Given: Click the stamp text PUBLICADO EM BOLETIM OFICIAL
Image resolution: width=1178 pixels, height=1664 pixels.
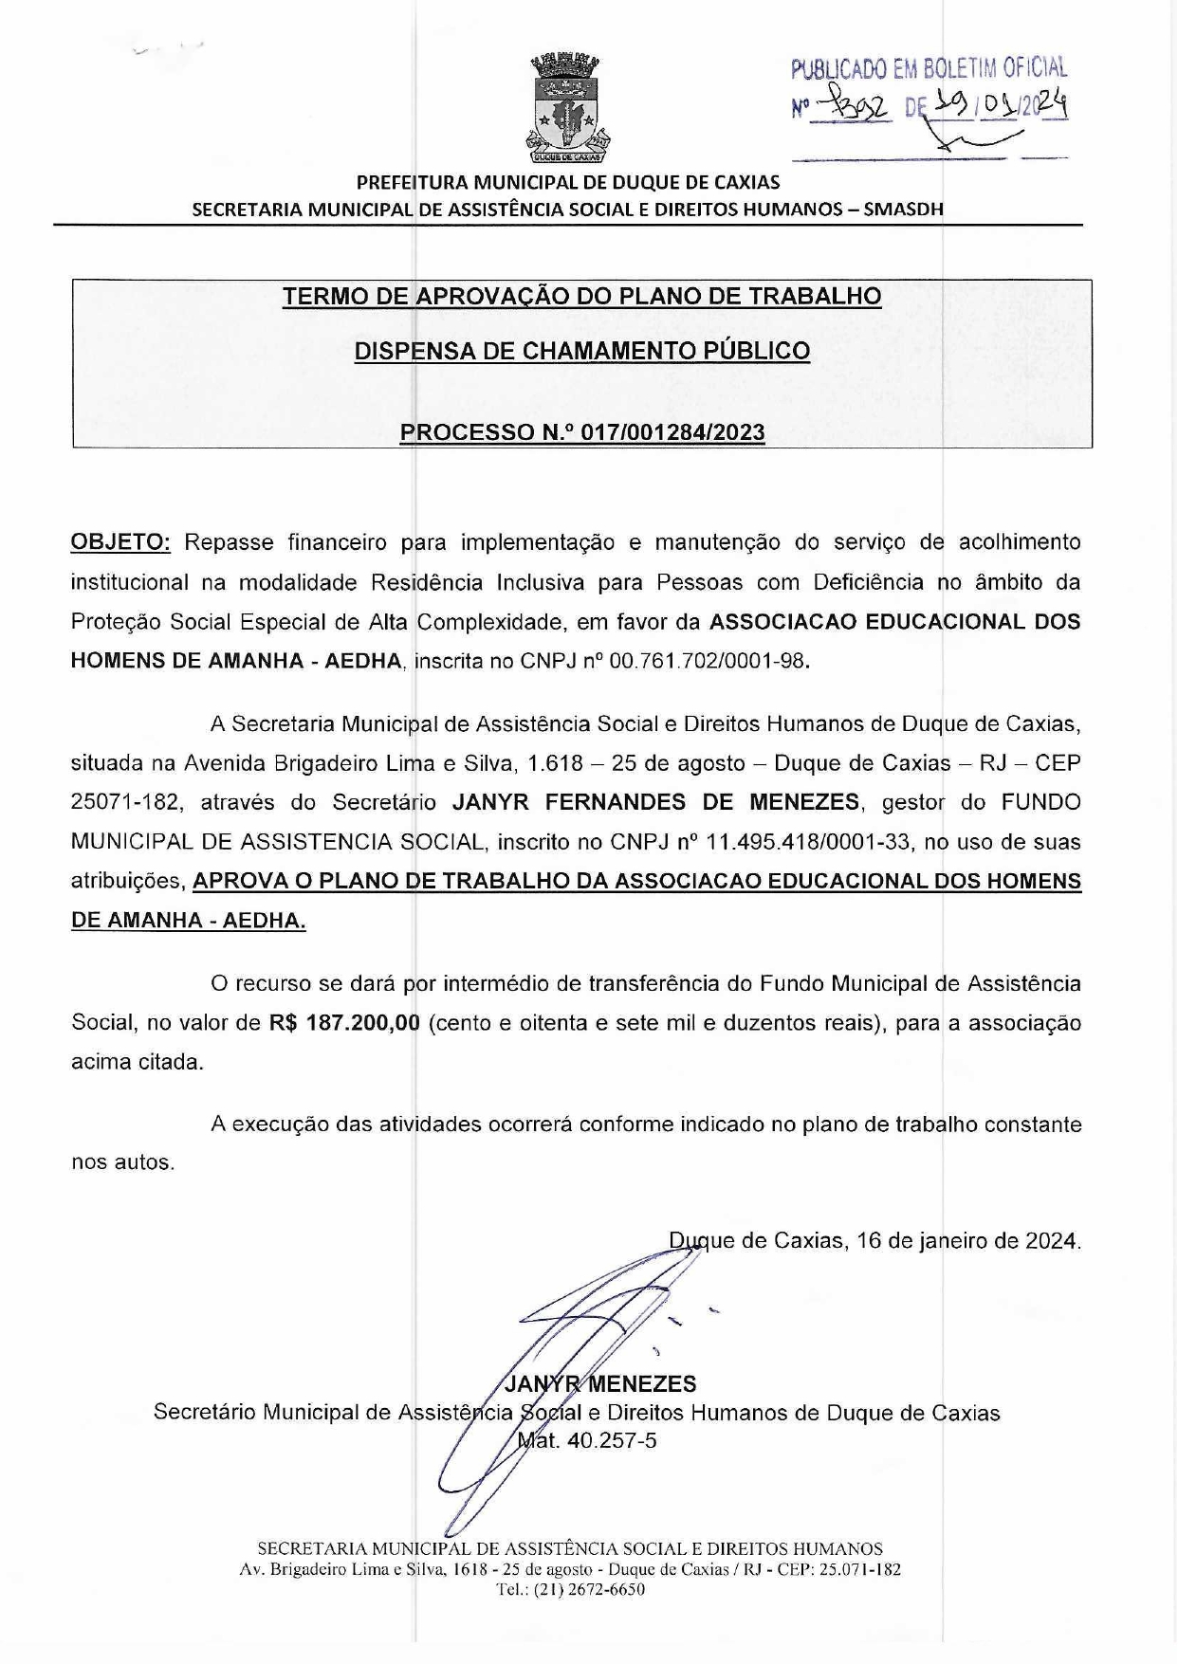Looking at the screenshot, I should point(930,68).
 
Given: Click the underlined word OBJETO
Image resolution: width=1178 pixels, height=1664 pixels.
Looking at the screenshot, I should point(120,542).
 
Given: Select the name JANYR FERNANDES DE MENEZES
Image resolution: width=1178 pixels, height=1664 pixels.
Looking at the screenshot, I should point(655,802).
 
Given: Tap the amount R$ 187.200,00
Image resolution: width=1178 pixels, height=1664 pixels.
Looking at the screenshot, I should point(344,1023).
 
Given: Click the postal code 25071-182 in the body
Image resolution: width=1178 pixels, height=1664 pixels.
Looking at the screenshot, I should point(121,802).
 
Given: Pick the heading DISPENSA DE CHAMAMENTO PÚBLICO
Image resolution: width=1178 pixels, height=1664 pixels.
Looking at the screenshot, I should point(581,351).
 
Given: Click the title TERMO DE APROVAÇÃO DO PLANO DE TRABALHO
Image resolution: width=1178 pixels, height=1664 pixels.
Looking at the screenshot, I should point(581,296).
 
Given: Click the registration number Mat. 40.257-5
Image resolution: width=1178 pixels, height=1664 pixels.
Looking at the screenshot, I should point(588,1441).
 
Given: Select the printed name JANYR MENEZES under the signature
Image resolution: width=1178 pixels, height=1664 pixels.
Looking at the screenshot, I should point(601,1384).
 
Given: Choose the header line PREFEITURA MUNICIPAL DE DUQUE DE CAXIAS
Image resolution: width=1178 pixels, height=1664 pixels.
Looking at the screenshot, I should point(568,182).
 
